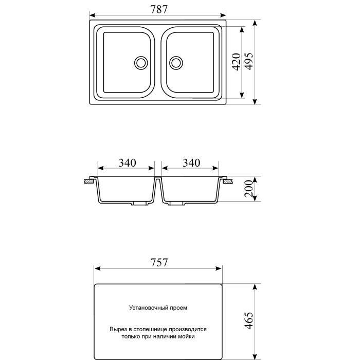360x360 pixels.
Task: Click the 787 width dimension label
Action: coord(158,8)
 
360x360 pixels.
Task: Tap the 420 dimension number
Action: coord(236,62)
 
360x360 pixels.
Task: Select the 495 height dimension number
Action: coord(249,62)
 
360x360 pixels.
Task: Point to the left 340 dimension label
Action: coord(127,163)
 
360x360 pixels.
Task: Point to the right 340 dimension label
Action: coord(190,163)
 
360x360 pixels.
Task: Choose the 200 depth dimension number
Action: coord(249,190)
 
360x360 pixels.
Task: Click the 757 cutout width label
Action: coord(159,262)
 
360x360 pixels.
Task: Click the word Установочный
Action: coord(147,308)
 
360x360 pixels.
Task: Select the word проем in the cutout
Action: coord(177,308)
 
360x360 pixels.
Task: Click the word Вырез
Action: coord(118,328)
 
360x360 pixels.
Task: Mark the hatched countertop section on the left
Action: coord(89,182)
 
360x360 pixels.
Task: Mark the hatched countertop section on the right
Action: coord(227,182)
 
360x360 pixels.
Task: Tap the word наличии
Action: coord(164,337)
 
